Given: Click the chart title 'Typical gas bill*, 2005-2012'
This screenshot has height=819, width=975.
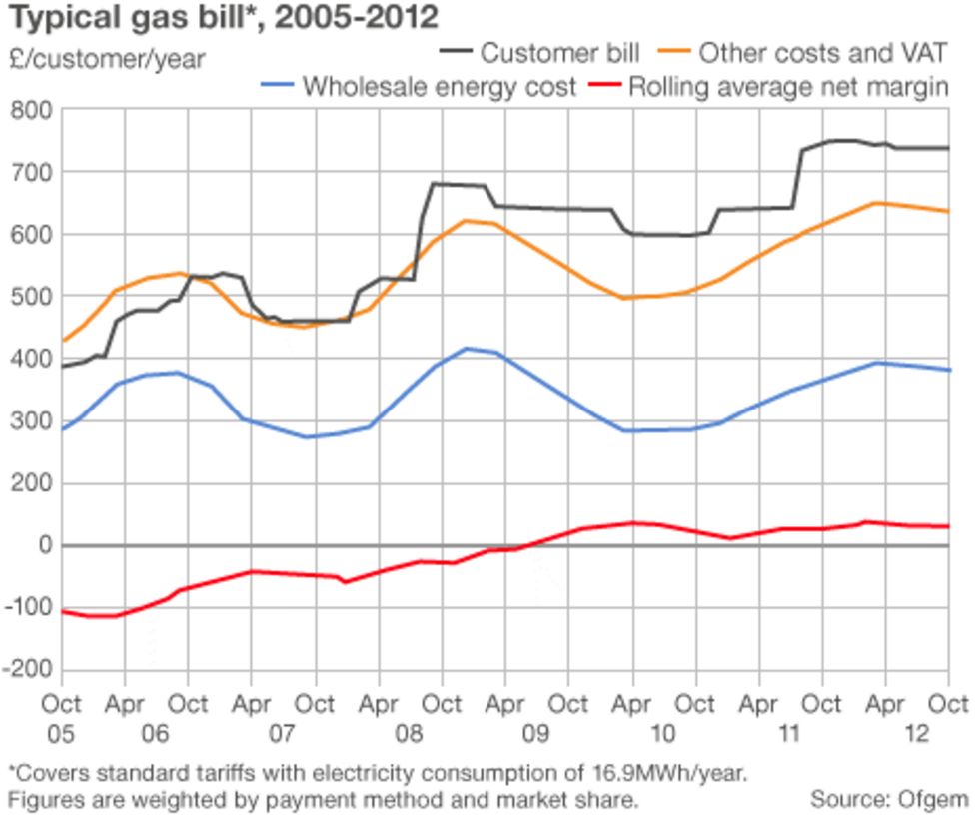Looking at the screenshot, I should pyautogui.click(x=223, y=17).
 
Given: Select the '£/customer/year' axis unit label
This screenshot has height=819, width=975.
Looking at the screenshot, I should pyautogui.click(x=105, y=59).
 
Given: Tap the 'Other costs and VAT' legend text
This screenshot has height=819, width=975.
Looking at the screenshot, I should pyautogui.click(x=822, y=51).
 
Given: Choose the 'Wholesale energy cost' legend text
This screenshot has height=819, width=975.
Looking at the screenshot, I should pyautogui.click(x=440, y=87).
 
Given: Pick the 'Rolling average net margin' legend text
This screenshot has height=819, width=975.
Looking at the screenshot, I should pyautogui.click(x=787, y=87).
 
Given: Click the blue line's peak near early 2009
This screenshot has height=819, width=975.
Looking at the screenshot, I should pyautogui.click(x=466, y=349).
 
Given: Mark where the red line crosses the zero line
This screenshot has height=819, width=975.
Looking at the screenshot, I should pyautogui.click(x=526, y=545).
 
